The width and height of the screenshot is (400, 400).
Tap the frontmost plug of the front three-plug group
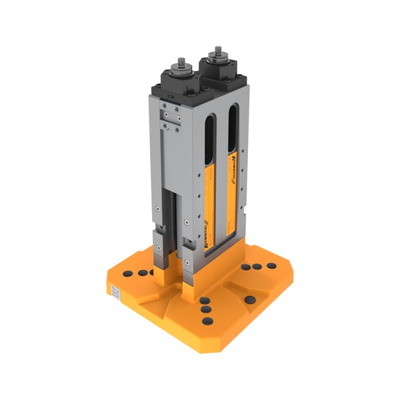pos(207,322)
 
